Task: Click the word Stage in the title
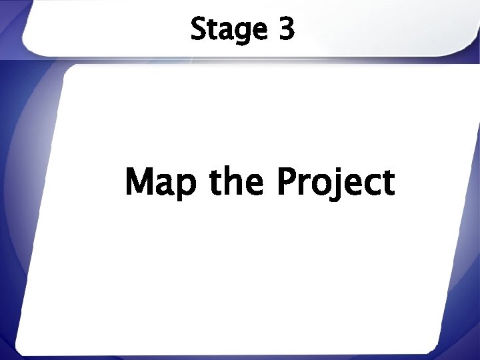click(229, 30)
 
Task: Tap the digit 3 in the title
click(285, 30)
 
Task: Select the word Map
click(162, 183)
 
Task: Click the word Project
click(335, 183)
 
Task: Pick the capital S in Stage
click(198, 30)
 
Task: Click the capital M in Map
click(141, 181)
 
